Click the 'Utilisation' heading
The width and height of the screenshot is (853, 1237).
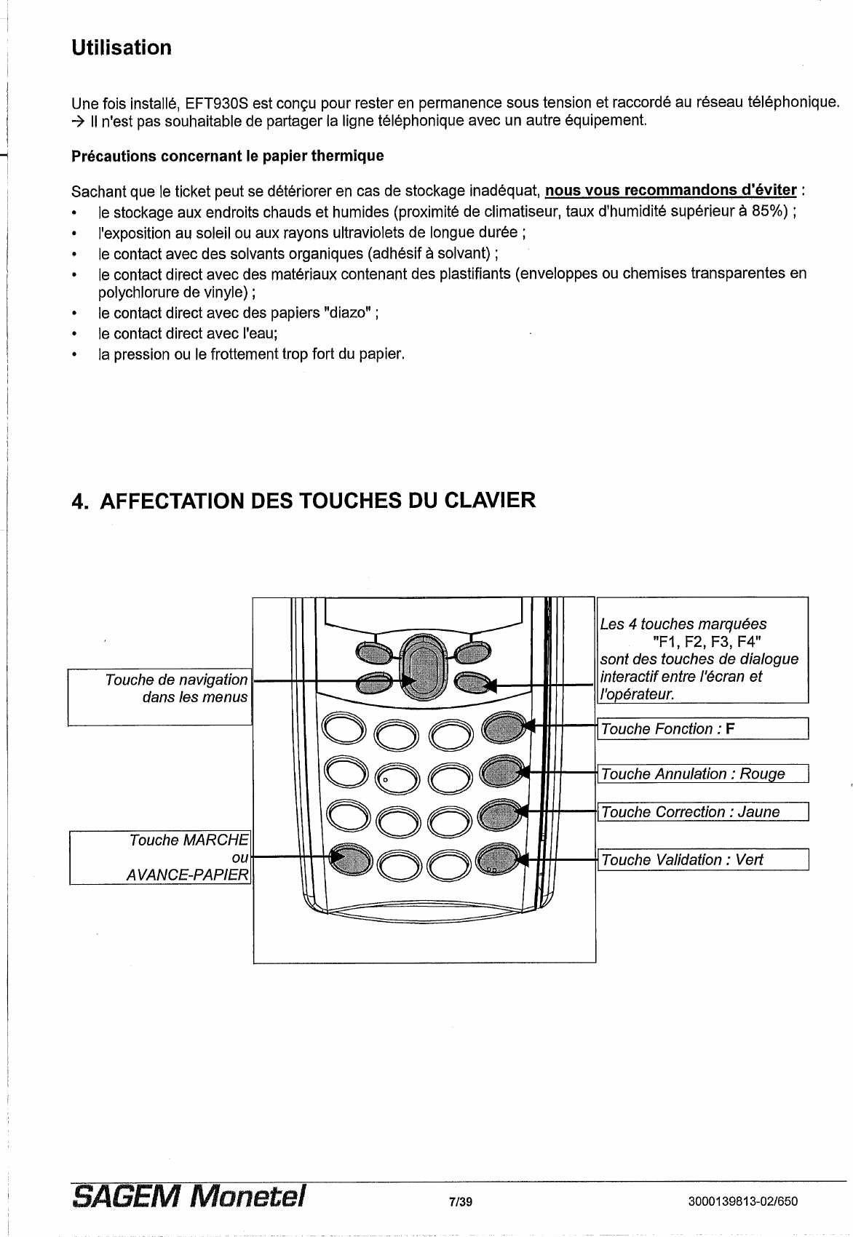[122, 48]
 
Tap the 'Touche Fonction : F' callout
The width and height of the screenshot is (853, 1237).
[702, 728]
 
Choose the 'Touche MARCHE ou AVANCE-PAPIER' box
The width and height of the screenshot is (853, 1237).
[160, 857]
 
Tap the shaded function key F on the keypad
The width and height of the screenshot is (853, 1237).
[503, 726]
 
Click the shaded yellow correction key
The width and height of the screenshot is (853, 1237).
[503, 813]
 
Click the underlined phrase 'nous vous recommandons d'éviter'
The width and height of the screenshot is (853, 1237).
[670, 191]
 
